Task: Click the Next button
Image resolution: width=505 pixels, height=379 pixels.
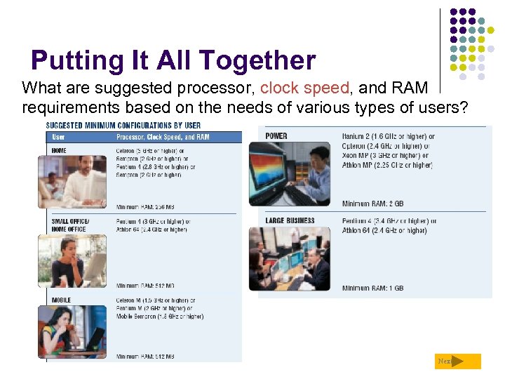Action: coord(457,361)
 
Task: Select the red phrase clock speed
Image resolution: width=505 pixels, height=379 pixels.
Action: coord(304,88)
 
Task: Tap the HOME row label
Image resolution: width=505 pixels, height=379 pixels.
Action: coord(60,150)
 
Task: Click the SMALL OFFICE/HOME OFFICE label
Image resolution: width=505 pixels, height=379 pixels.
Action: coord(70,225)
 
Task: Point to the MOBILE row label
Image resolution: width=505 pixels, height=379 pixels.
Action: coord(61,300)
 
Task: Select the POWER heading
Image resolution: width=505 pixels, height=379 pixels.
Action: coord(276,136)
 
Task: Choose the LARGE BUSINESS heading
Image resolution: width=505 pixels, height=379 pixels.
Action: coord(290,220)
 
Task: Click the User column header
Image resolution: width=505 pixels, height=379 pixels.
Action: coord(58,137)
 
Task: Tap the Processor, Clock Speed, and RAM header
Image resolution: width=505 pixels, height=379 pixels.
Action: coord(163,137)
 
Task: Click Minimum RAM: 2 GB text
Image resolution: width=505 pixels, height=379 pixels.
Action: coord(372,204)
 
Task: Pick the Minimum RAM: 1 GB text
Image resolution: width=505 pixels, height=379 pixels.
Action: coord(372,288)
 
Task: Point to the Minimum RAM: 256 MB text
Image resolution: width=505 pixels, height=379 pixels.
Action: coord(145,207)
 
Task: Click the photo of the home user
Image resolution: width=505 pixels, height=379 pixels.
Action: coord(72,182)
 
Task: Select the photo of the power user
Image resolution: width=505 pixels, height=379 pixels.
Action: coord(290,173)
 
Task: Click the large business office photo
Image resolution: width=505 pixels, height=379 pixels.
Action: coord(290,258)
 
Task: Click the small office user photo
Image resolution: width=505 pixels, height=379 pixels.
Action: coord(72,260)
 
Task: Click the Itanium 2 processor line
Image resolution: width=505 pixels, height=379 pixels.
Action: coord(388,137)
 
